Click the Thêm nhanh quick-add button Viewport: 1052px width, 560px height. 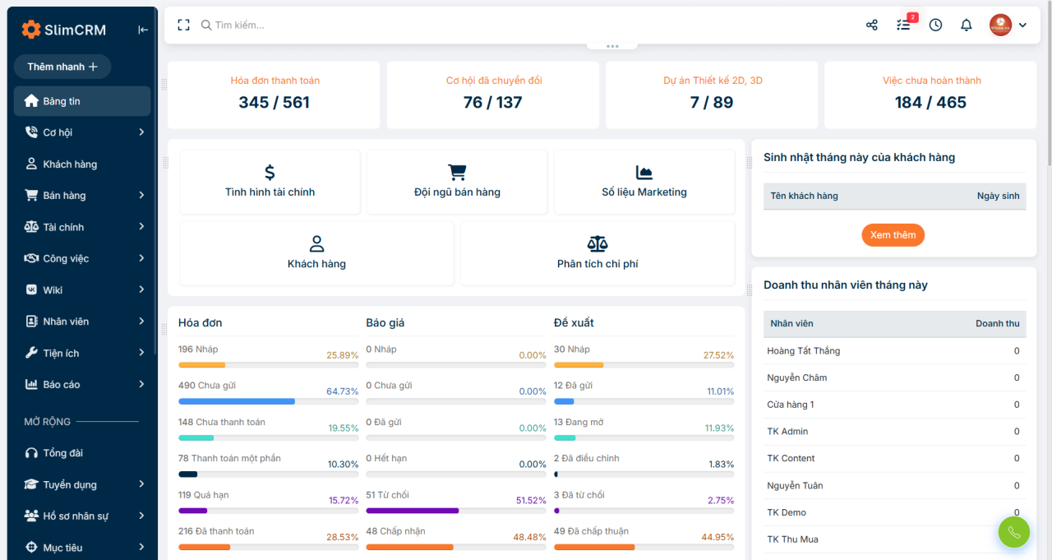point(62,67)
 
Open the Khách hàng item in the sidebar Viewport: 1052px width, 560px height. point(70,164)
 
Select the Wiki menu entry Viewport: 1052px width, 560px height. point(52,289)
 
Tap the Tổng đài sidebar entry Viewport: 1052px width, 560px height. point(62,453)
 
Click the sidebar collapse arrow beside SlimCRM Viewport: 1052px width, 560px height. point(143,30)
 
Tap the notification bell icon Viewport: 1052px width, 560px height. point(966,25)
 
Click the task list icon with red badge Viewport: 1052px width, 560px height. point(903,25)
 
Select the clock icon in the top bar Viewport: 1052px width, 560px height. point(935,25)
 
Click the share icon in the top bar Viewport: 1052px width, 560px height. point(872,25)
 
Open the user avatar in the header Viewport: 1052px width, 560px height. point(1000,25)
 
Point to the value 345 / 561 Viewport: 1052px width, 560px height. point(274,102)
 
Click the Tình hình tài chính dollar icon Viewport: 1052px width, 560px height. point(270,173)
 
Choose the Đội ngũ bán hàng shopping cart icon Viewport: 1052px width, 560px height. point(457,173)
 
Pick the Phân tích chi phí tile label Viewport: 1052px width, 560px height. point(598,264)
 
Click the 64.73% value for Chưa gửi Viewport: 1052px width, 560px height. point(342,391)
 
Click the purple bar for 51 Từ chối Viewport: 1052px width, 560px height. point(413,511)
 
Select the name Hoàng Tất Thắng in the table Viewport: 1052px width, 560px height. point(804,351)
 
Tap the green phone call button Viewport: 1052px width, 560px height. point(1014,532)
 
